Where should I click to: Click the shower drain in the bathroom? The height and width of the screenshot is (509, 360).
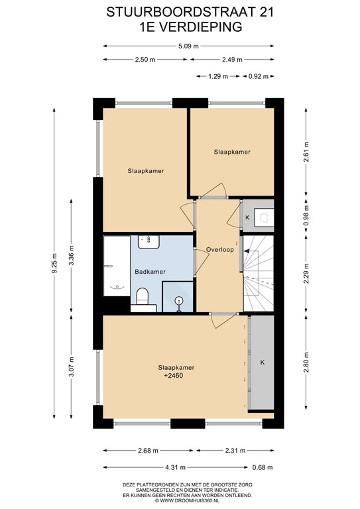click(179, 302)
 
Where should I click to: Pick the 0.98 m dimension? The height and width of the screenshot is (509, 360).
click(306, 216)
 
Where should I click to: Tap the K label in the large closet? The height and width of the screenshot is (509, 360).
click(263, 363)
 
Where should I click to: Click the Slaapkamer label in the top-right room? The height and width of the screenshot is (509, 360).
click(232, 152)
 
